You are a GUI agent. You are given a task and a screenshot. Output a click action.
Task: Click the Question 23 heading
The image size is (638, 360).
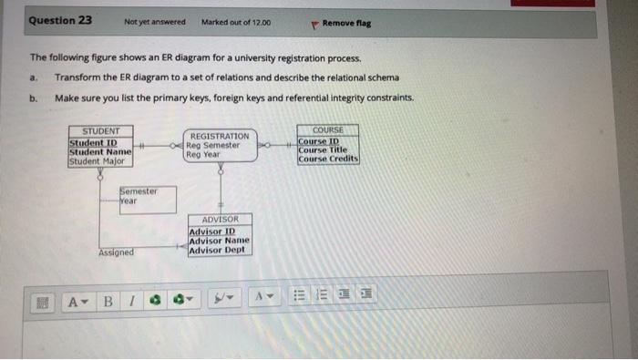(x=60, y=20)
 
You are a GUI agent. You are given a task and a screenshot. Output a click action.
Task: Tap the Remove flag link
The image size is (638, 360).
(x=346, y=21)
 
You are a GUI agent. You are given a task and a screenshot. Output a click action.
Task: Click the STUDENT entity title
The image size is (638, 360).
(x=101, y=131)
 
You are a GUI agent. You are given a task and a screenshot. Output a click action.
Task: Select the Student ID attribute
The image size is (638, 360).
(x=94, y=142)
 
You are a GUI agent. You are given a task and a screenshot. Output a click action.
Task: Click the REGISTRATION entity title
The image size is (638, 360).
(x=220, y=136)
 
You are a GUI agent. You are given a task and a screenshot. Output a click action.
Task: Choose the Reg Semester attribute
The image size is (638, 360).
(x=212, y=145)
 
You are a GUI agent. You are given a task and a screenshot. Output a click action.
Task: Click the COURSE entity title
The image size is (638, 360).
(x=328, y=130)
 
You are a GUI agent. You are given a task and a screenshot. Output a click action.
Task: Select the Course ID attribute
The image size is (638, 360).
(x=319, y=141)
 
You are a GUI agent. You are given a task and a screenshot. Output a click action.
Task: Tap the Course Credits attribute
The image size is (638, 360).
(x=328, y=159)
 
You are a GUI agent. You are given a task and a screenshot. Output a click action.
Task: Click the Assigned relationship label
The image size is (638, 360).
(x=115, y=252)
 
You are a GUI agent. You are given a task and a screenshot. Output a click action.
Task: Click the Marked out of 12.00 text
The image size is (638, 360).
(x=236, y=21)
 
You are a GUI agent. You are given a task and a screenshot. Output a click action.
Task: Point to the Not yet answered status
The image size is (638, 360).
(x=155, y=21)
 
